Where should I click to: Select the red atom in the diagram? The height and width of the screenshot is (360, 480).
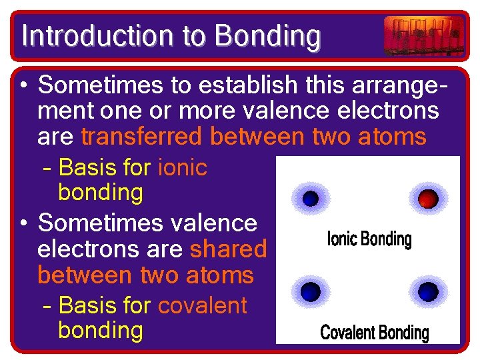428,198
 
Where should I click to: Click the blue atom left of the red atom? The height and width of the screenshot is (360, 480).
311,198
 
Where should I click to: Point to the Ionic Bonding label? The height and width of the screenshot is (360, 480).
369,239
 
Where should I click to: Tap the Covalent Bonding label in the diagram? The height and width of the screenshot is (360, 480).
374,332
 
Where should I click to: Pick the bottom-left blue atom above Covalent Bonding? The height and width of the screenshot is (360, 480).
311,291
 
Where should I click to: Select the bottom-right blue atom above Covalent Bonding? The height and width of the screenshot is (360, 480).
428,291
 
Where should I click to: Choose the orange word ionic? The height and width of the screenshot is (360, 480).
183,167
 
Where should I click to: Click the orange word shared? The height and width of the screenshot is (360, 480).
228,249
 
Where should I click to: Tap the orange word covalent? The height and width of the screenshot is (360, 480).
202,305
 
